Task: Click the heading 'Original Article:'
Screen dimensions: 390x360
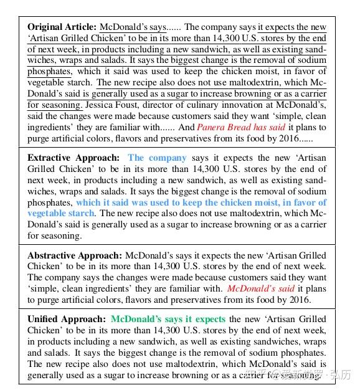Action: pos(62,27)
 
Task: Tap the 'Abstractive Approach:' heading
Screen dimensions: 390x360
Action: pos(75,255)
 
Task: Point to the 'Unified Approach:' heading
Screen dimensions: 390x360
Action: pos(67,319)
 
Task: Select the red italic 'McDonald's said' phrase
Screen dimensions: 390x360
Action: pos(260,288)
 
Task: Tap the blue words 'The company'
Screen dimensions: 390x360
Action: pos(157,158)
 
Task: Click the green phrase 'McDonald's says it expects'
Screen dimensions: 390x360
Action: pos(168,319)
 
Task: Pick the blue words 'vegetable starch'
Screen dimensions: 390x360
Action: pos(61,213)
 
